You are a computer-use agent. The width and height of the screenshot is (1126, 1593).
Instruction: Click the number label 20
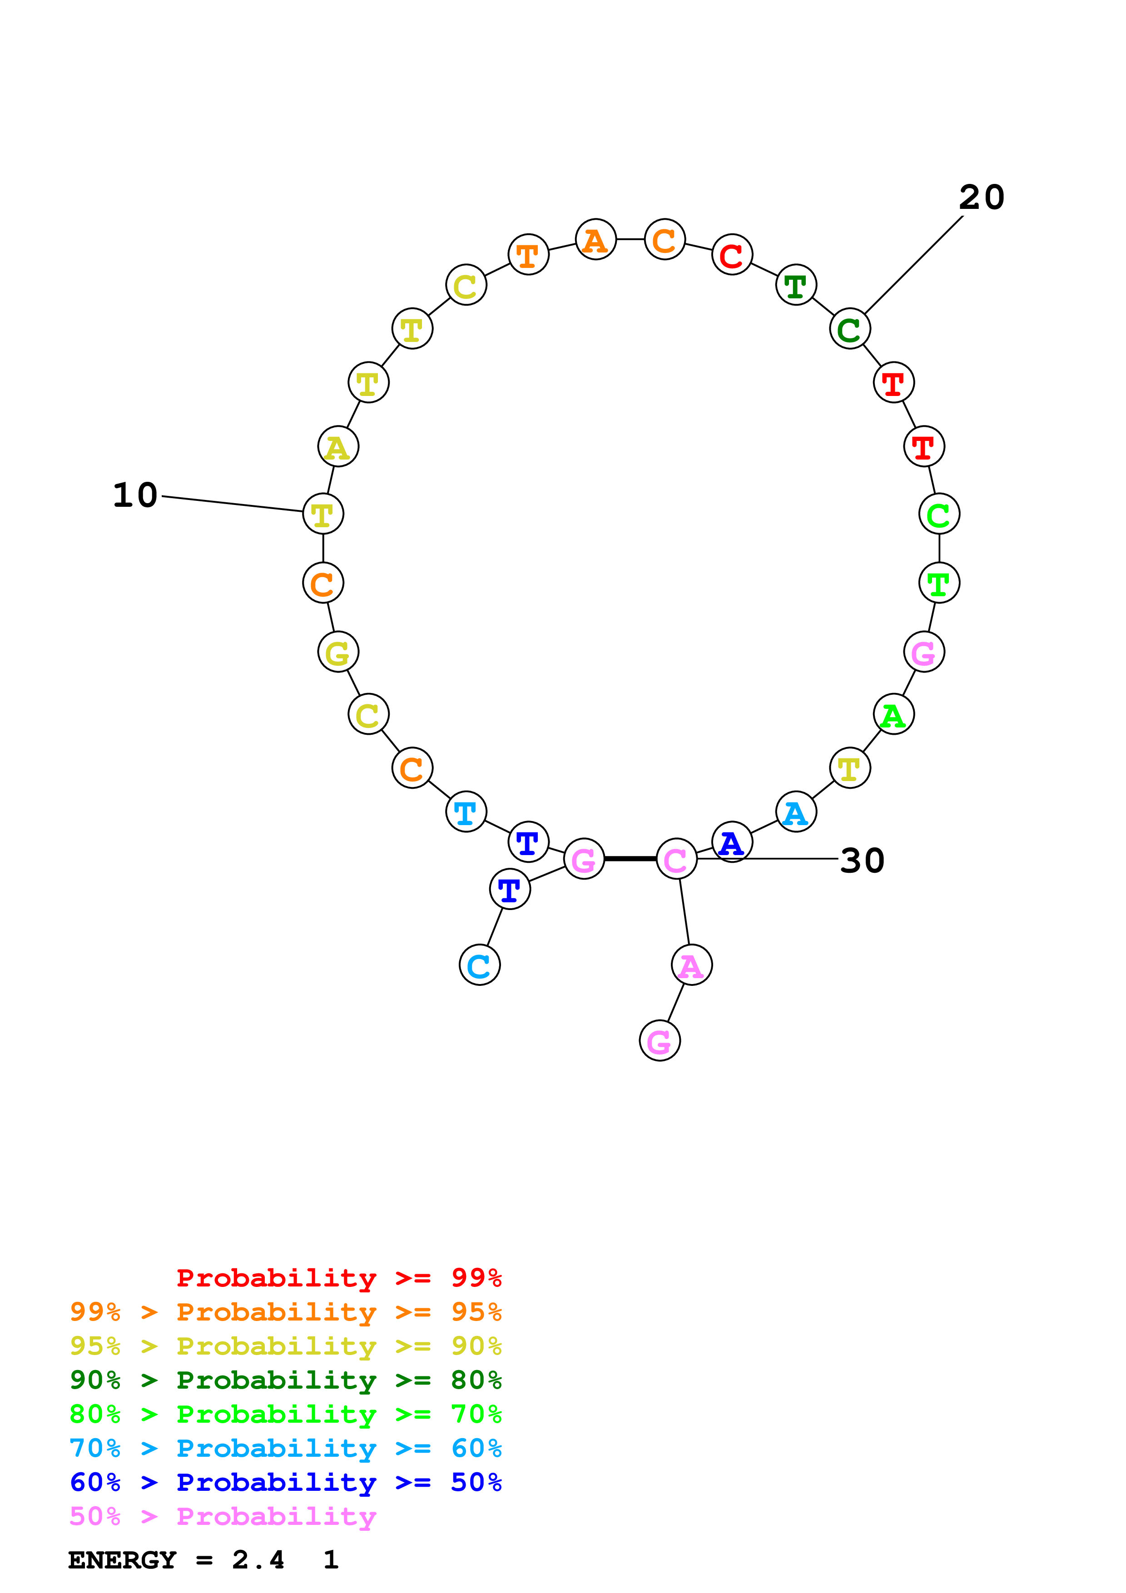click(x=981, y=198)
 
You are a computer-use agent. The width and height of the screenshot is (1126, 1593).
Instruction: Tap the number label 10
click(x=135, y=495)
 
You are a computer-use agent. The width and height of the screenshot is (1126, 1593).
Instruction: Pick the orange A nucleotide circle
click(x=595, y=239)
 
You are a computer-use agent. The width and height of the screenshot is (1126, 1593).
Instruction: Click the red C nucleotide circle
click(x=732, y=255)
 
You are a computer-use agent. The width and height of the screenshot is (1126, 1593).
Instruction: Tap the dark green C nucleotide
click(x=849, y=329)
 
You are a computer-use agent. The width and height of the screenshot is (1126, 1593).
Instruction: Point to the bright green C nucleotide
click(x=939, y=514)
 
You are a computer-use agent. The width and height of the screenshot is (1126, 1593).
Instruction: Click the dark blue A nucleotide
click(x=732, y=842)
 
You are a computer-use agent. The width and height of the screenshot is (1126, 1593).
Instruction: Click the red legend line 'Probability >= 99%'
click(x=338, y=1278)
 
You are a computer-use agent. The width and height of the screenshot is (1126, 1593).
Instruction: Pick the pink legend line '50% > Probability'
click(x=222, y=1517)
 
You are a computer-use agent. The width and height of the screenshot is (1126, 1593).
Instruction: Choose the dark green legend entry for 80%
click(x=285, y=1380)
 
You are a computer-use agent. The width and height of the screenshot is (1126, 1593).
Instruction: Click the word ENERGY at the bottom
click(x=122, y=1560)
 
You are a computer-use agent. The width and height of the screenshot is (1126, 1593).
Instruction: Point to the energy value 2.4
click(x=258, y=1560)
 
